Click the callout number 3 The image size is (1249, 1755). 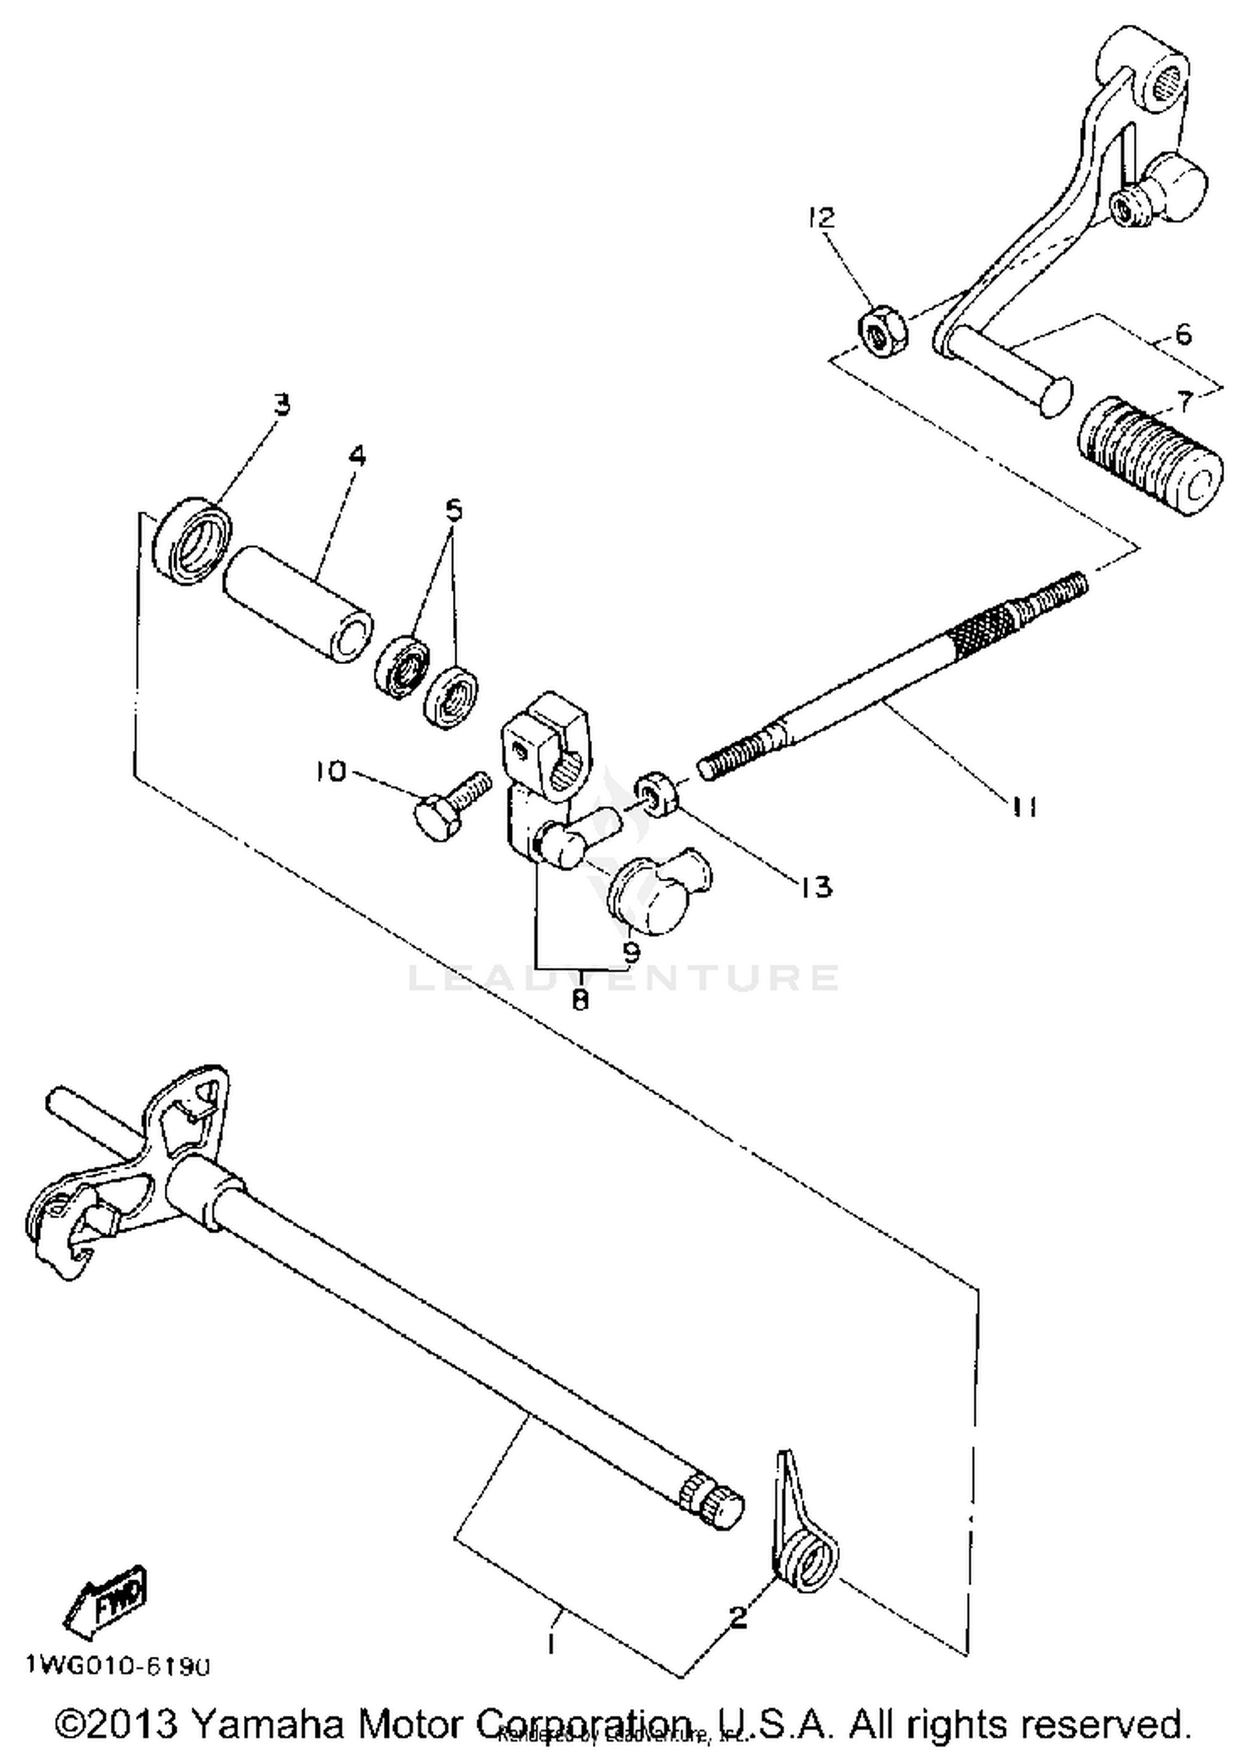282,406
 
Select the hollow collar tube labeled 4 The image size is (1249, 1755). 296,604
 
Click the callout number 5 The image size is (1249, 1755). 453,509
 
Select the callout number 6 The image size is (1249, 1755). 1182,335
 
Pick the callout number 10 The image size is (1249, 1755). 331,772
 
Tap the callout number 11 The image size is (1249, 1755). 1023,806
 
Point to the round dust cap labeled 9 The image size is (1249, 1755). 658,895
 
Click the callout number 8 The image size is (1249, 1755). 580,999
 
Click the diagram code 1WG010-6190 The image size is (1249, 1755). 117,1666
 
